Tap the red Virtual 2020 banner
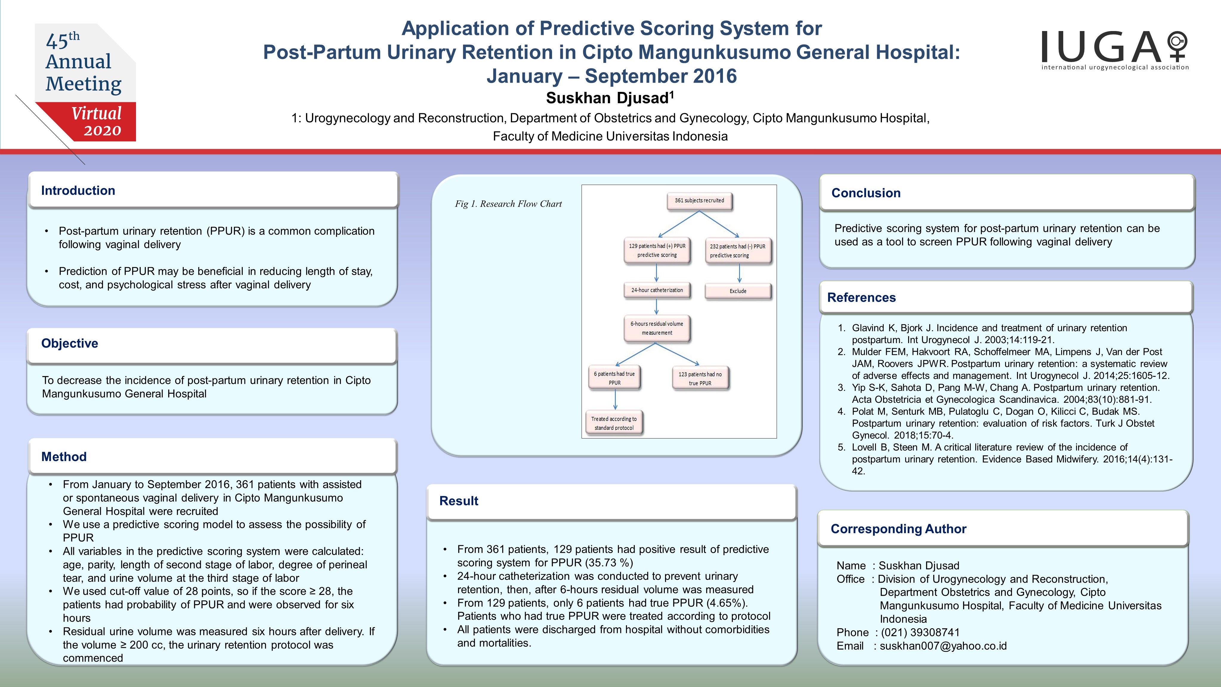pos(90,121)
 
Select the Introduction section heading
pos(78,191)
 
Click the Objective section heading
pos(70,343)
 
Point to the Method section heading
pos(64,457)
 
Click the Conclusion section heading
pos(866,193)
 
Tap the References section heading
pos(861,297)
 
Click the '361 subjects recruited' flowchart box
pos(699,200)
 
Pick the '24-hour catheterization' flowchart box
pos(657,290)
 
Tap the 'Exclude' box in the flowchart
pos(738,291)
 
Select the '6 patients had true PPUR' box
pos(614,378)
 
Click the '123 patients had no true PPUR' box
pos(700,378)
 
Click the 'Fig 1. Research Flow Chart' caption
pos(508,204)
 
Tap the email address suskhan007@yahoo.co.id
pos(943,646)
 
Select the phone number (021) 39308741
pos(920,632)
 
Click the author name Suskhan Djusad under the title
pos(610,98)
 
